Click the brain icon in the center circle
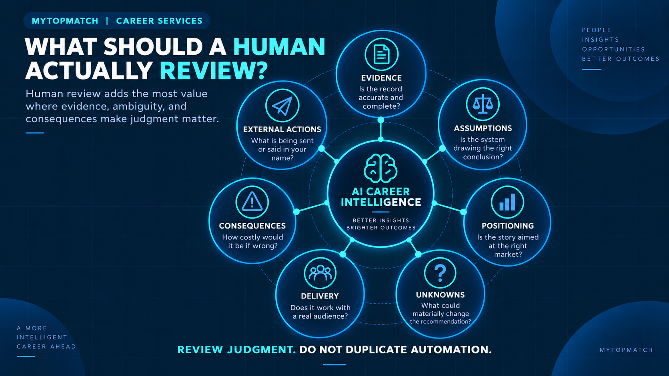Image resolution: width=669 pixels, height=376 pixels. (381, 169)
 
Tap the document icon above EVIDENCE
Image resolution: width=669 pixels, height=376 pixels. (381, 54)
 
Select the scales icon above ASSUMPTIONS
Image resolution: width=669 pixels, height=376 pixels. (483, 104)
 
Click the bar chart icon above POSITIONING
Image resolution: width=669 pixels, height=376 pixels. (507, 202)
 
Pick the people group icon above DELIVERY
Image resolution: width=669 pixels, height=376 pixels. (320, 273)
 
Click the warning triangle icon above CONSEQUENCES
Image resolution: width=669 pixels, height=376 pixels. (252, 202)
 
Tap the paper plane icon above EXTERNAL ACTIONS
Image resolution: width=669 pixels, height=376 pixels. (282, 106)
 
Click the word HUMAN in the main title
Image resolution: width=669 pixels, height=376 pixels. (279, 47)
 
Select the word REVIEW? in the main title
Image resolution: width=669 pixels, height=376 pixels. (214, 71)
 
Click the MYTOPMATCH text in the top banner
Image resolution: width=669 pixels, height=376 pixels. (65, 21)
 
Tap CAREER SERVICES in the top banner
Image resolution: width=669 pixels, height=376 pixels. (159, 21)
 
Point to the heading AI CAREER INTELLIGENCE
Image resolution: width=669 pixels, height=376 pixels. (381, 197)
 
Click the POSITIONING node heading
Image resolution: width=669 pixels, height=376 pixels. (508, 226)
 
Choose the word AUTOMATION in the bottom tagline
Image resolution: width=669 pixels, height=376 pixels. (451, 350)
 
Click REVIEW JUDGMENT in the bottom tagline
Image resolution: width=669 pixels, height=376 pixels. (236, 350)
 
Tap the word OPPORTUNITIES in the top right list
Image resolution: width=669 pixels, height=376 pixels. (613, 49)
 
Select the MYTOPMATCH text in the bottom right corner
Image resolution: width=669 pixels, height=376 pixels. (627, 350)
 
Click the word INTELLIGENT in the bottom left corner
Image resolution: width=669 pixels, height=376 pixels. (42, 337)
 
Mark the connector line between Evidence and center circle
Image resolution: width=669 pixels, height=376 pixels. (381, 130)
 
